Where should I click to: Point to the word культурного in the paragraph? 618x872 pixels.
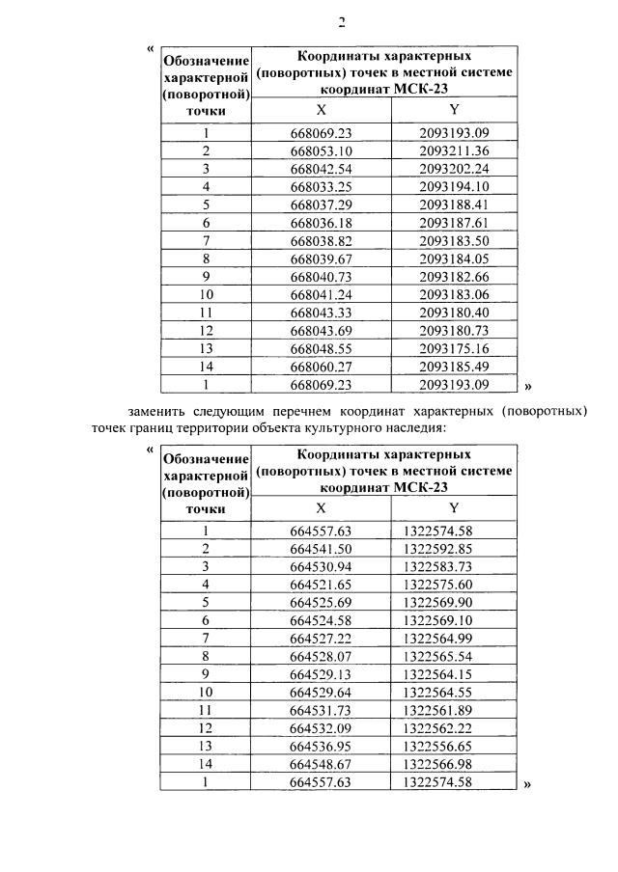pos(341,426)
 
